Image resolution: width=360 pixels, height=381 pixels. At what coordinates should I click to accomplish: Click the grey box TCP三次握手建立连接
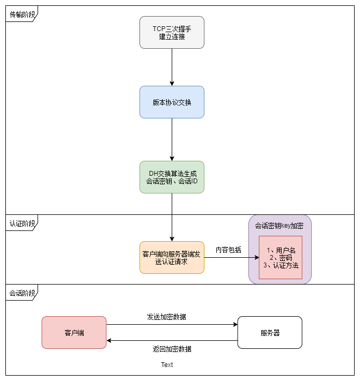[172, 32]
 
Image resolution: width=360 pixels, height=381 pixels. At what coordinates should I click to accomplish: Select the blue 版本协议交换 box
[172, 102]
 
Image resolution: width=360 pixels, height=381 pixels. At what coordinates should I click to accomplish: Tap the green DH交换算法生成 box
[172, 177]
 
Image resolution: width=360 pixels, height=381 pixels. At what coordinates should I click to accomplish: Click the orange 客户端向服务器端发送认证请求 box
[172, 257]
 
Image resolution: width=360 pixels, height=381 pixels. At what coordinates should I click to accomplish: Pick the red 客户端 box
[74, 332]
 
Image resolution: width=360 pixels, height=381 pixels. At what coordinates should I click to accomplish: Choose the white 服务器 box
[270, 332]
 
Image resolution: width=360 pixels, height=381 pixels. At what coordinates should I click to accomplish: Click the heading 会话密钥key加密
[280, 226]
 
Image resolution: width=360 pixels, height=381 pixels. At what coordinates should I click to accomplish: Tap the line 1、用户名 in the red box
[281, 250]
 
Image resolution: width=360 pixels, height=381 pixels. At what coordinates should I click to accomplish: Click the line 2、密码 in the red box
[281, 258]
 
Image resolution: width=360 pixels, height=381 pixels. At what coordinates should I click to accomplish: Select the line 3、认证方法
[281, 265]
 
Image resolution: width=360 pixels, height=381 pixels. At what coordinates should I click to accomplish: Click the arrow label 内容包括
[228, 250]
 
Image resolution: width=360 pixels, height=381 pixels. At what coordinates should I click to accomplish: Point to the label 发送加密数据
[166, 317]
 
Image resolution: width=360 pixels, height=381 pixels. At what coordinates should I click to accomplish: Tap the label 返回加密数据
[172, 349]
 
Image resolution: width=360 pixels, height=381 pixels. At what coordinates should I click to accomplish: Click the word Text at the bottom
[167, 365]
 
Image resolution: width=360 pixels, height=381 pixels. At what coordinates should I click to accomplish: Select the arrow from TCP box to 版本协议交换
[172, 67]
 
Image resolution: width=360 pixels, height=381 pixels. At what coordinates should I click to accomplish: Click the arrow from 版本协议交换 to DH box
[172, 139]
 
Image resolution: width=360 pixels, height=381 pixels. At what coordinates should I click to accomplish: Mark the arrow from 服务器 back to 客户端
[172, 340]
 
